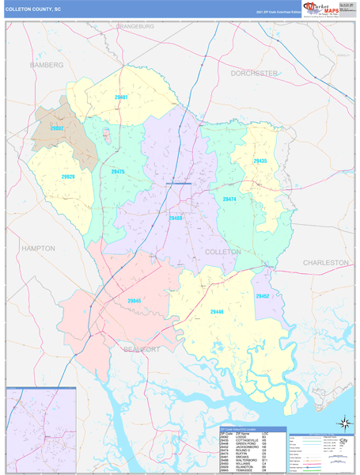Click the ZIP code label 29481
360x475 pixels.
pyautogui.click(x=121, y=97)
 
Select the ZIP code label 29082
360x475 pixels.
pyautogui.click(x=57, y=127)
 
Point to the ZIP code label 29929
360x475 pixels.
pyautogui.click(x=67, y=177)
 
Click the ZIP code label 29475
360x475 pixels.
pyautogui.click(x=118, y=171)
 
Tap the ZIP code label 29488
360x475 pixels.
pyautogui.click(x=176, y=218)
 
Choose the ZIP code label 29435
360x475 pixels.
pyautogui.click(x=260, y=161)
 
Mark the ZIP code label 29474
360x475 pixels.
pyautogui.click(x=229, y=199)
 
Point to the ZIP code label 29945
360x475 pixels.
pyautogui.click(x=134, y=301)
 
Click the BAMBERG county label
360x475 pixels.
pyautogui.click(x=46, y=64)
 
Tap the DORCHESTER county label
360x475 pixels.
pyautogui.click(x=254, y=73)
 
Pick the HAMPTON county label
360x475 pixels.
pyautogui.click(x=38, y=248)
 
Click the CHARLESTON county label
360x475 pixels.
pyautogui.click(x=325, y=262)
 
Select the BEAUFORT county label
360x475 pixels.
pyautogui.click(x=141, y=349)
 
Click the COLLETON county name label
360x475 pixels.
pyautogui.click(x=223, y=252)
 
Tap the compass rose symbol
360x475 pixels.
pyautogui.click(x=343, y=424)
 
